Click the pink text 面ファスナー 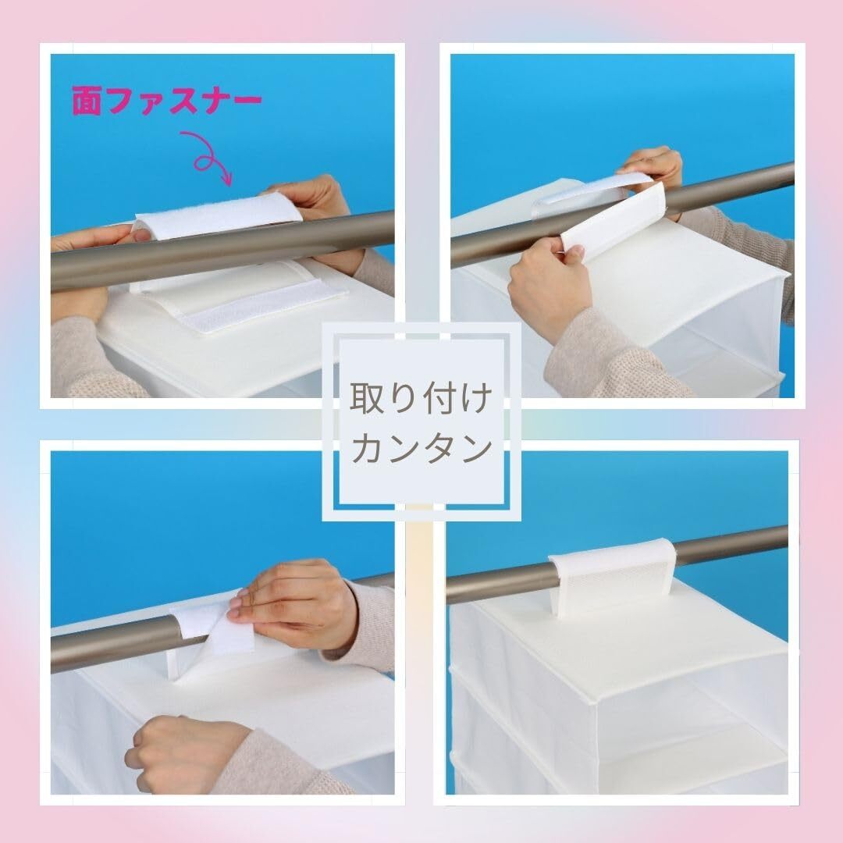tap(167, 101)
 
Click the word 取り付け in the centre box tap(421, 398)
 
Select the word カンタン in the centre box tap(421, 448)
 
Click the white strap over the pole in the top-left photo tap(218, 215)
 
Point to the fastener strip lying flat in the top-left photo tap(264, 311)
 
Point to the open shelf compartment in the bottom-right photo tap(694, 752)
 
